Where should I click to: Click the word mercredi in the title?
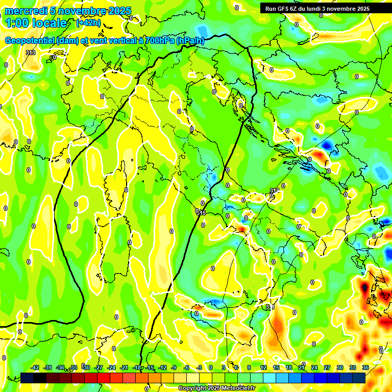pos(23,11)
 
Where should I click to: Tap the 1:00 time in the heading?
pos(17,23)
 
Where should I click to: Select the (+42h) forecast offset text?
pos(88,23)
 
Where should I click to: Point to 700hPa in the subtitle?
pos(159,41)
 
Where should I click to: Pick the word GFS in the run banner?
pos(283,9)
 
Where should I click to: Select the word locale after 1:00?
pos(50,23)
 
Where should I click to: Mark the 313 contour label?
pos(31,53)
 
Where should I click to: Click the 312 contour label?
pos(275,190)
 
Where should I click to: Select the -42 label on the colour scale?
pos(35,367)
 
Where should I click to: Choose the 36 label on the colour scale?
pos(365,367)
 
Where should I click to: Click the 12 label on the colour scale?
pos(263,367)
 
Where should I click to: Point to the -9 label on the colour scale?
pos(174,367)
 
